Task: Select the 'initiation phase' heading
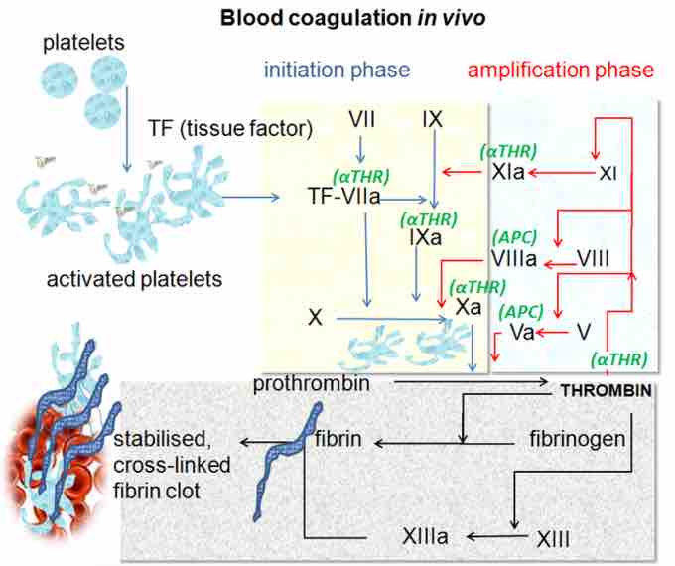click(337, 70)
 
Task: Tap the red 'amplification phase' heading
click(561, 70)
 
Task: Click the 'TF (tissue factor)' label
click(230, 128)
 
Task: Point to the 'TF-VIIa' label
click(344, 197)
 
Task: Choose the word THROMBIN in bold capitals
click(606, 391)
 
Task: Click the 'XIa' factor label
click(509, 173)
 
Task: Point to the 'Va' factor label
click(522, 331)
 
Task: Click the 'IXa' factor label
click(421, 238)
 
